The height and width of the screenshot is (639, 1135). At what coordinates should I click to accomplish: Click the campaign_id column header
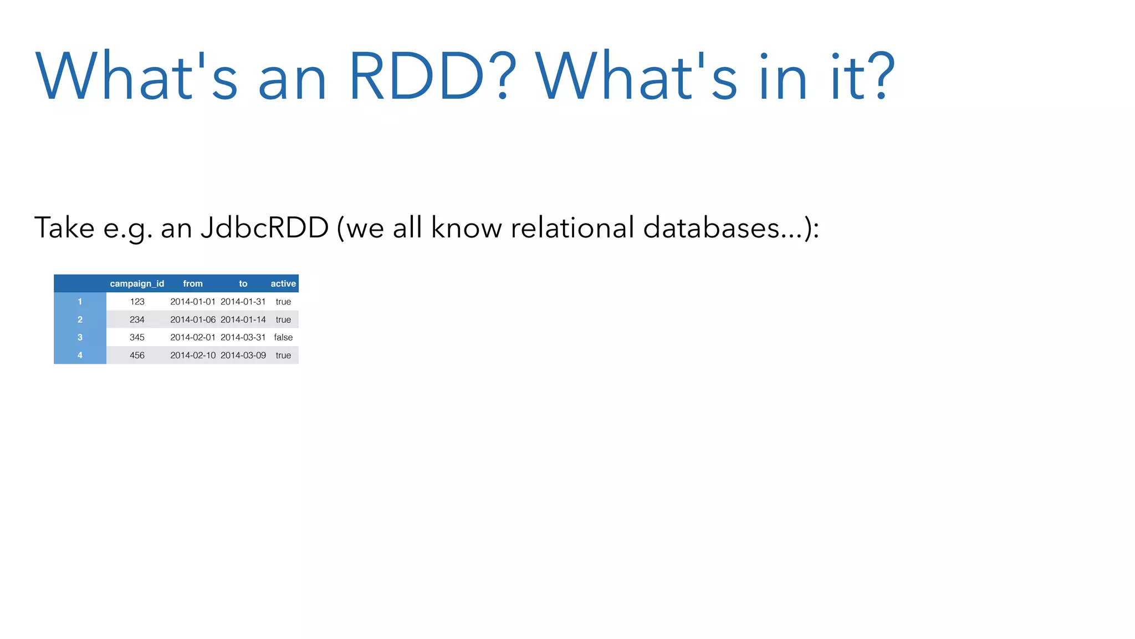[x=137, y=283]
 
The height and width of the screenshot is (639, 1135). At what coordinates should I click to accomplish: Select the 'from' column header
[x=193, y=283]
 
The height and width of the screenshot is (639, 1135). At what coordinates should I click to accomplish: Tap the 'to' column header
[x=243, y=283]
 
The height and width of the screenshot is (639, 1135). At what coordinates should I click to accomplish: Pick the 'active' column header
[x=283, y=283]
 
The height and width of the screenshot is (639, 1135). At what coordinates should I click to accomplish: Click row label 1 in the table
[x=80, y=302]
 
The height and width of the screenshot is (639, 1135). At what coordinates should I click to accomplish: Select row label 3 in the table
[x=80, y=337]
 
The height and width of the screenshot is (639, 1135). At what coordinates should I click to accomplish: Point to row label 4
[x=80, y=355]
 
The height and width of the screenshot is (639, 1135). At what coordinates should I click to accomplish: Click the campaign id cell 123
[x=137, y=302]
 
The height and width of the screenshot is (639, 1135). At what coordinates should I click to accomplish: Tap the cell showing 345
[x=137, y=337]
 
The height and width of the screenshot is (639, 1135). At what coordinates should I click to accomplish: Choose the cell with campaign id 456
[x=137, y=355]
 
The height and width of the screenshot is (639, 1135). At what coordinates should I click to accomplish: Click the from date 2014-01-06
[x=193, y=319]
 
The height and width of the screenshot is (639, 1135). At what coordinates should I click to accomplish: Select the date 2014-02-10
[x=193, y=355]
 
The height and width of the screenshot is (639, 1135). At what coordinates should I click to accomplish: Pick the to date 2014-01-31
[x=243, y=302]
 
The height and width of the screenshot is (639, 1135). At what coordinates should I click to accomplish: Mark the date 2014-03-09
[x=243, y=355]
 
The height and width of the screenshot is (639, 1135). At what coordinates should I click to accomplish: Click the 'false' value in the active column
[x=283, y=337]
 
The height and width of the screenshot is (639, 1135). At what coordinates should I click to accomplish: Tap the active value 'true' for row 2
[x=283, y=319]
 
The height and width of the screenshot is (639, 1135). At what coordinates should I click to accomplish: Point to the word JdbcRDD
[x=265, y=227]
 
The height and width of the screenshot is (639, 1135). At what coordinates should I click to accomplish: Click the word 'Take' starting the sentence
[x=64, y=227]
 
